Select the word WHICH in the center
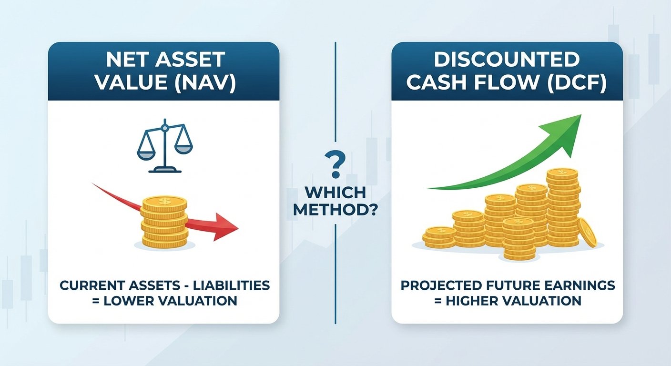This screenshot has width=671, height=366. pos(335,193)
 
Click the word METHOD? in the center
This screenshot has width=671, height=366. pos(335,209)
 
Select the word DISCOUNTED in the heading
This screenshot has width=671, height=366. pos(507,60)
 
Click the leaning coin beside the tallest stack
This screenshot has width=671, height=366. pos(587,233)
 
